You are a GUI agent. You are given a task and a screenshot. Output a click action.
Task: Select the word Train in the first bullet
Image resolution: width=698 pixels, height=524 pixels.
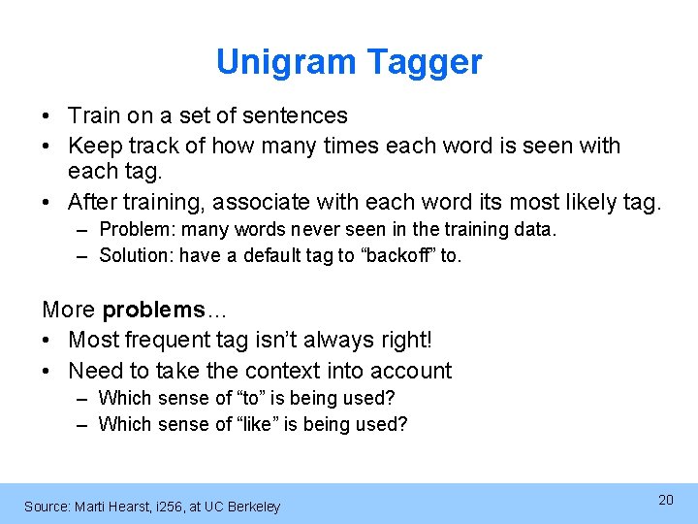pyautogui.click(x=93, y=115)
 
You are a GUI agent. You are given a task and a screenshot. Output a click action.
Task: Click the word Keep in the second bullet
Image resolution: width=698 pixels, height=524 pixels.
pyautogui.click(x=93, y=146)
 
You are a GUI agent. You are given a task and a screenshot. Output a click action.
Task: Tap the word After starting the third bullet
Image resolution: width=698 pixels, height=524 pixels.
pyautogui.click(x=92, y=202)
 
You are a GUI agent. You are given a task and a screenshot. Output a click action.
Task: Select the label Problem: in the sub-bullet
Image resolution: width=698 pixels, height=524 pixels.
pyautogui.click(x=136, y=229)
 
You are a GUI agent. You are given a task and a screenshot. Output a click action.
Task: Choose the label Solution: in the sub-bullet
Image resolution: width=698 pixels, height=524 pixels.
pyautogui.click(x=138, y=256)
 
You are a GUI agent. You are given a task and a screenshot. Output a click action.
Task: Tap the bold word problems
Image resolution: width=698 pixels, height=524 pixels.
pyautogui.click(x=153, y=310)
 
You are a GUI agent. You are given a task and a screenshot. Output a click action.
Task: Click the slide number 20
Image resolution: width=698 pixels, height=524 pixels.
pyautogui.click(x=665, y=500)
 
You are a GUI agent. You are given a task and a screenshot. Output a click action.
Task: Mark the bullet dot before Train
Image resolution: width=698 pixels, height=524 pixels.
pyautogui.click(x=48, y=115)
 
